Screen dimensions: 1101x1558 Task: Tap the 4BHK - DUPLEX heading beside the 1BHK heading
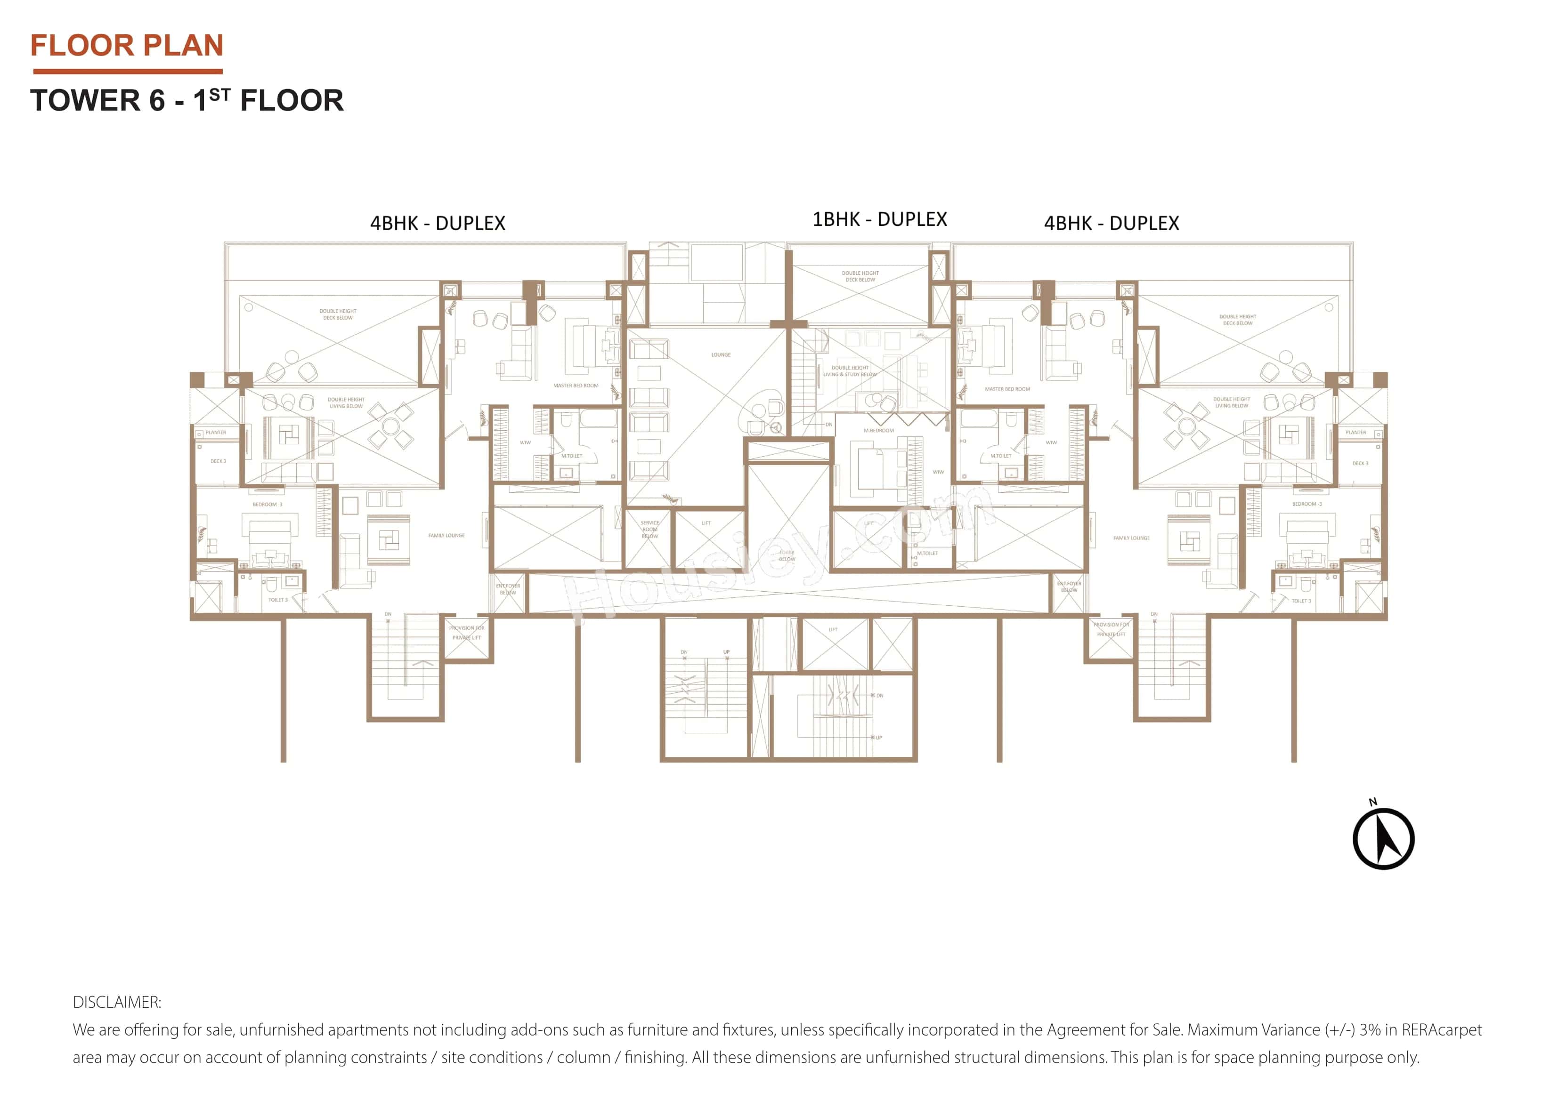[x=1111, y=223]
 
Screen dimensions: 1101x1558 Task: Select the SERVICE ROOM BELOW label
[x=649, y=529]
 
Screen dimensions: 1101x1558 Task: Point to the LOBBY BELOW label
[x=787, y=555]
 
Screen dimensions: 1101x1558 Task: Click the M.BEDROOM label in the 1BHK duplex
[x=879, y=431]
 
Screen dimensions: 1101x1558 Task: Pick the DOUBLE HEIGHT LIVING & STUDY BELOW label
[x=850, y=371]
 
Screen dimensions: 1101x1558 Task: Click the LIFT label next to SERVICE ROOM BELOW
[x=706, y=523]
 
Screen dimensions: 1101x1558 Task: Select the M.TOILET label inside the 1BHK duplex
[x=927, y=554]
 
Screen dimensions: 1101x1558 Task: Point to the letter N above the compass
[x=1373, y=802]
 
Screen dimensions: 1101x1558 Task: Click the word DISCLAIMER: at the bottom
[x=117, y=1002]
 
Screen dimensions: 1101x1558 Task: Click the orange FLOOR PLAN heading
[x=127, y=46]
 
